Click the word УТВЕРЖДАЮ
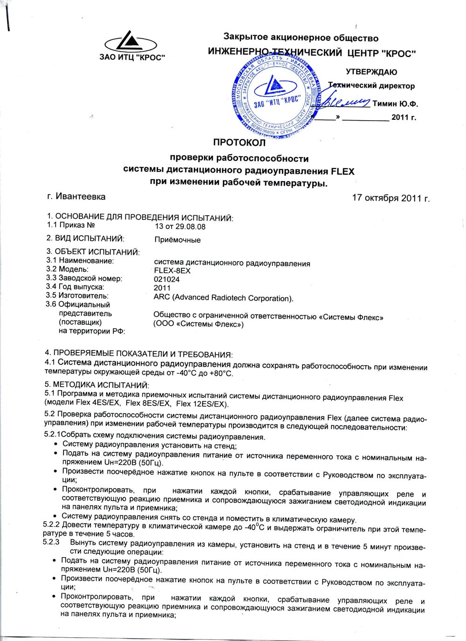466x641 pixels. coord(371,72)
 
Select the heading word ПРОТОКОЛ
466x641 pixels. coord(239,142)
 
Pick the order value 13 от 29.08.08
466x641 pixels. coord(179,227)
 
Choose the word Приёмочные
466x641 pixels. coord(177,240)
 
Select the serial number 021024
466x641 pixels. coord(166,279)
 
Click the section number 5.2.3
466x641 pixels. coord(51,542)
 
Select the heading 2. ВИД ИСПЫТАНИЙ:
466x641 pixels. coord(85,239)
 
